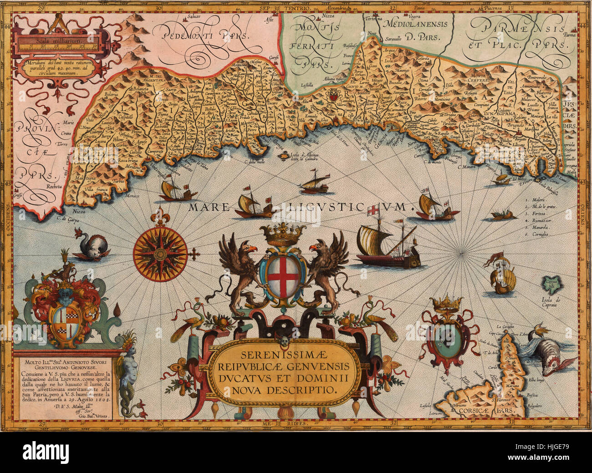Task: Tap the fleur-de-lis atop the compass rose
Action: point(160,217)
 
